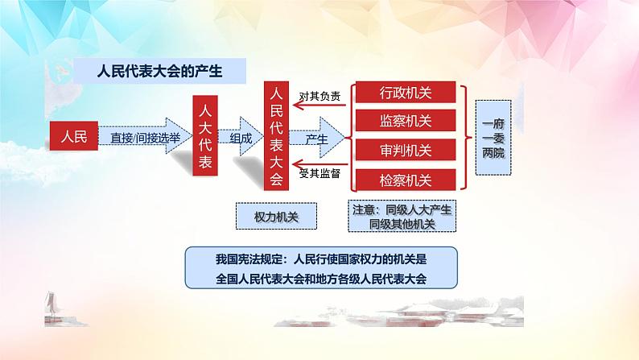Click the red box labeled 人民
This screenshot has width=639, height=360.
[x=73, y=137]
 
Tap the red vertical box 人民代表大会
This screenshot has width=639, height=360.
[x=277, y=134]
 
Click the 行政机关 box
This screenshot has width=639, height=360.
[x=406, y=93]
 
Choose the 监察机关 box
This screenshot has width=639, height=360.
[x=406, y=122]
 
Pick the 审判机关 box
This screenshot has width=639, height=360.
[x=406, y=151]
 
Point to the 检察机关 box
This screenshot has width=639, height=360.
[x=406, y=180]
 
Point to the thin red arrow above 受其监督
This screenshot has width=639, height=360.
[x=320, y=165]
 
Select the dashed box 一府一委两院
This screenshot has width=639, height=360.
[x=494, y=137]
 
